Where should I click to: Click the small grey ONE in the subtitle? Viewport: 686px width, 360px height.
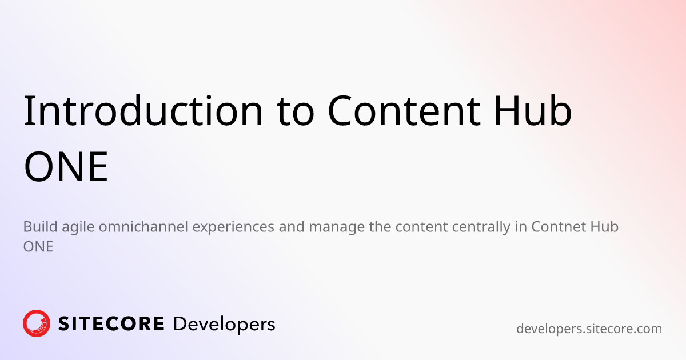[38, 247]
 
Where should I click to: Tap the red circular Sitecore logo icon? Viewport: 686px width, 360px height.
[37, 323]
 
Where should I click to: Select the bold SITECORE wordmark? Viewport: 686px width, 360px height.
[111, 324]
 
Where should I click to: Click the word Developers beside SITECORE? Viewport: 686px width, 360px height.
[224, 324]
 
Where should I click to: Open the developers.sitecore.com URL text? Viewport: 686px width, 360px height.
[589, 329]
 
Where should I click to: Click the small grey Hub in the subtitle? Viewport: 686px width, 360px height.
[605, 226]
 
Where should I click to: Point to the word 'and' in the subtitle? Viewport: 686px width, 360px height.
[292, 226]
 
